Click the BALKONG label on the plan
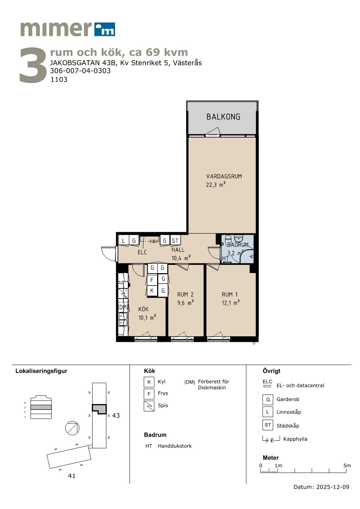(x=223, y=117)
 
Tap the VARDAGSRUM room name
(x=224, y=176)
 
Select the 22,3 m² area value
(x=216, y=185)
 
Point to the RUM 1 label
(x=230, y=295)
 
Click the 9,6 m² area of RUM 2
(x=185, y=303)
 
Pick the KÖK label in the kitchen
(x=143, y=309)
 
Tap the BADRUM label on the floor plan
(x=238, y=245)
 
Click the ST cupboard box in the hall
(x=175, y=241)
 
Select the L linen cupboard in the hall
(x=123, y=241)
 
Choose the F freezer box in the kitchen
(x=152, y=280)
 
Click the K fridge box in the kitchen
(x=152, y=291)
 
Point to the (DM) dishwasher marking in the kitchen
(x=123, y=307)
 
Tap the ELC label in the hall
(x=142, y=252)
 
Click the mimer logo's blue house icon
(x=105, y=29)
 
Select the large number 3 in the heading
(x=33, y=65)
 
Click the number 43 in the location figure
(x=116, y=415)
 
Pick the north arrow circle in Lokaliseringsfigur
(x=72, y=428)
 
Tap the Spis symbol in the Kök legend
(x=149, y=406)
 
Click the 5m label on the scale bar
(x=347, y=465)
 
